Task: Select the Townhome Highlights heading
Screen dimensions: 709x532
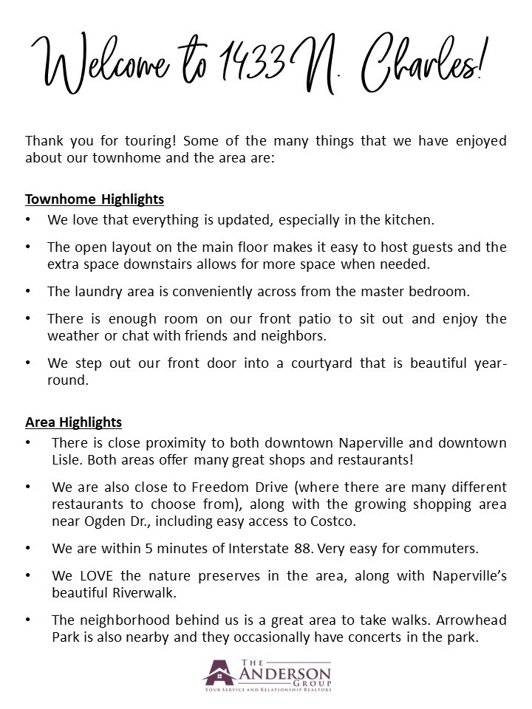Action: pos(95,199)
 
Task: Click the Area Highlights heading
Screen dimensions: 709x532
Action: pos(73,422)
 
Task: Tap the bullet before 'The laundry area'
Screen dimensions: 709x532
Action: pos(28,292)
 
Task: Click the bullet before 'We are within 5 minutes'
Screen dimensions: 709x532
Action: pos(28,549)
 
